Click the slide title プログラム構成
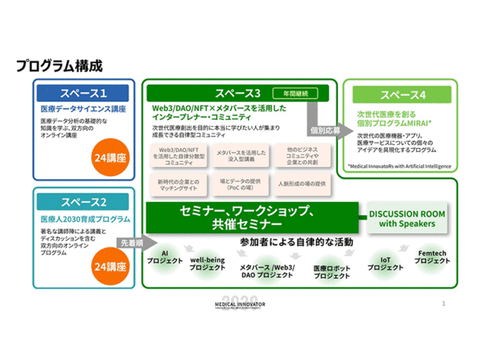[x=59, y=67]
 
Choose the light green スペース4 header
[x=403, y=95]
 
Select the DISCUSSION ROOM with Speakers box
[x=406, y=218]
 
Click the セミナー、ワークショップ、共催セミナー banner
[x=251, y=217]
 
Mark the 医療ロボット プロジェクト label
[x=331, y=271]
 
